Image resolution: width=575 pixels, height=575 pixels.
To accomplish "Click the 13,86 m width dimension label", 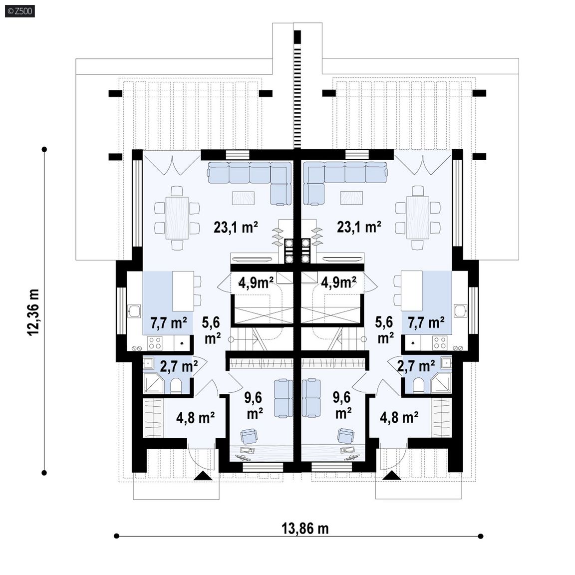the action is pos(305,529).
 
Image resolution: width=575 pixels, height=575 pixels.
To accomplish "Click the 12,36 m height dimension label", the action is pos(33,312).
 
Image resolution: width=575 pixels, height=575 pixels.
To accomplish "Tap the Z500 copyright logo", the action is pos(20,11).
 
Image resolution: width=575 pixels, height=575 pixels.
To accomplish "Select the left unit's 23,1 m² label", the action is pos(236,227).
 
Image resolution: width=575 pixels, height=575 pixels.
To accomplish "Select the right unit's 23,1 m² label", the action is pos(359,227).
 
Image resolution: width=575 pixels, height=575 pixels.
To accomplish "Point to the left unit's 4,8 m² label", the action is pos(196,417).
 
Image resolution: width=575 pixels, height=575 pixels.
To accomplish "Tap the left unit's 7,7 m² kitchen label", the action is pos(169,323).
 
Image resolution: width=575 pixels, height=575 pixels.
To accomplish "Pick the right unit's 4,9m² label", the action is pos(338,283).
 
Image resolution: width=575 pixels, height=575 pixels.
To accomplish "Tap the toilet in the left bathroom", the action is pos(176,386).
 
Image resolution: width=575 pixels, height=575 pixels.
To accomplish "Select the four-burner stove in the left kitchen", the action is pos(155,343).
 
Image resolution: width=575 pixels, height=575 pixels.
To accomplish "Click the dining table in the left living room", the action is pos(177,218).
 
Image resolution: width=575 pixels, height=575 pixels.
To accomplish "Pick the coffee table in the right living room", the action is pos(352,198).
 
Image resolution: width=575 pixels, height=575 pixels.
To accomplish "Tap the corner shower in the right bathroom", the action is pos(441,383).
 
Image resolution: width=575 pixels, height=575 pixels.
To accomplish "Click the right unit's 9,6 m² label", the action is pos(342,405).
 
